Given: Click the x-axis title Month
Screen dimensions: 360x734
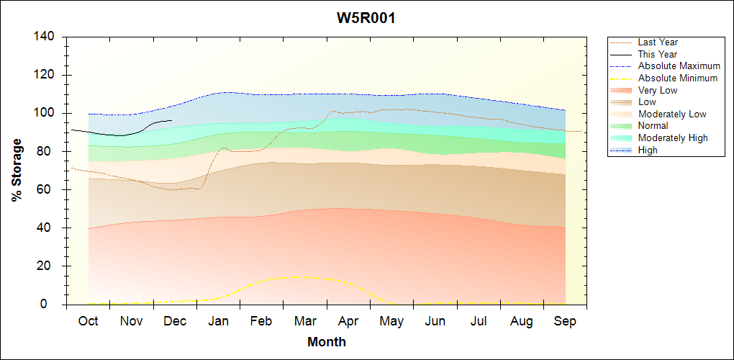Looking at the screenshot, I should (327, 342).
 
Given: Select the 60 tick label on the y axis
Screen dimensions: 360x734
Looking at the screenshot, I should (50, 189).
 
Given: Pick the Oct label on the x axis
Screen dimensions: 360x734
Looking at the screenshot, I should (88, 321).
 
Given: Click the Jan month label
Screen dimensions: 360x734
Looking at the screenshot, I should (218, 321).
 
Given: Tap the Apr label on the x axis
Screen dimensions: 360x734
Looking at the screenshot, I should (348, 321).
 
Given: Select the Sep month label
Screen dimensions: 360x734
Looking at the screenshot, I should (565, 321).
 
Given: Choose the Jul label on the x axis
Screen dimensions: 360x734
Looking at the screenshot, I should (479, 321).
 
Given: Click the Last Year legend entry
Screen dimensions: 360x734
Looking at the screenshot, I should (658, 42).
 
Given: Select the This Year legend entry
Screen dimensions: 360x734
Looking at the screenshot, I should (658, 54).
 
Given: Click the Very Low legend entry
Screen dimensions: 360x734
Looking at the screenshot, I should (658, 90).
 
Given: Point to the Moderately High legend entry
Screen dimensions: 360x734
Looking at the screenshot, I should (673, 138).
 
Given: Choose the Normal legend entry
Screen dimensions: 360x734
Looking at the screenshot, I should (653, 126).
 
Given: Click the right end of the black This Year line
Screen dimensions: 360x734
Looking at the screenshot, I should (171, 120).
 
